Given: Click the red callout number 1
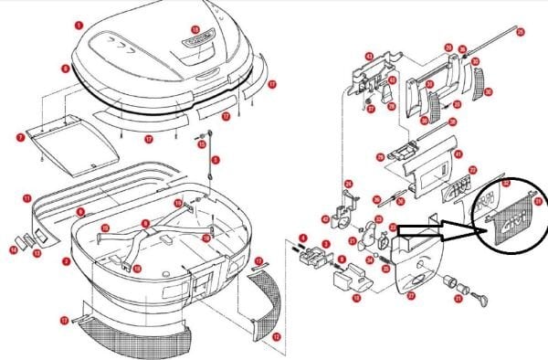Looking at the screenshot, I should tap(79, 25).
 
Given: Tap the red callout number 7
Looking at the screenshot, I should tap(19, 136).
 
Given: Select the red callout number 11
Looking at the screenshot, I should tap(27, 197).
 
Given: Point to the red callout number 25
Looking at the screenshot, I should tap(521, 33).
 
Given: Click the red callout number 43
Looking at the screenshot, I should tap(369, 56).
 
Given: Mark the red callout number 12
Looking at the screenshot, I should tap(275, 337).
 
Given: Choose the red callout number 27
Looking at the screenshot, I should tap(411, 295).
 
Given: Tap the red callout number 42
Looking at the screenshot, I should tap(324, 218).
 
